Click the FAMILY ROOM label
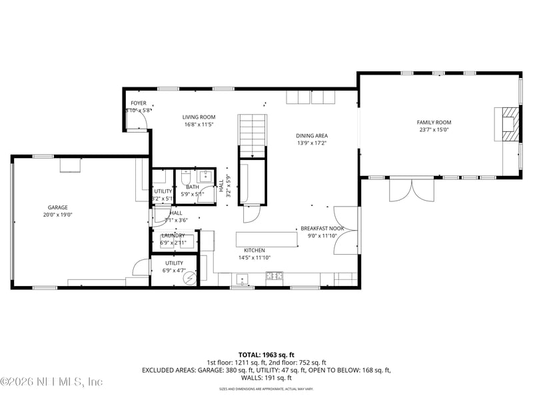pos(434,122)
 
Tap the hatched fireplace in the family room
pos(508,124)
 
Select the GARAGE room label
pos(58,207)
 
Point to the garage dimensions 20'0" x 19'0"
pos(58,215)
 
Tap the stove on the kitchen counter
pos(274,275)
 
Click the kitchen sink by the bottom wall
pos(243,277)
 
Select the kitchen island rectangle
pos(266,239)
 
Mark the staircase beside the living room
pos(253,135)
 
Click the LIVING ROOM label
pos(199,117)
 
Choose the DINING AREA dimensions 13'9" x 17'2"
pos(312,143)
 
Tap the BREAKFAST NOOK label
pos(322,227)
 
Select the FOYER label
pos(138,103)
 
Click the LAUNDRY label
pos(173,235)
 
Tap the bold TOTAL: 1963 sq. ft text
pos(266,355)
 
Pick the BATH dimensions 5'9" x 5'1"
pos(193,195)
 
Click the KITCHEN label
pos(255,250)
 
